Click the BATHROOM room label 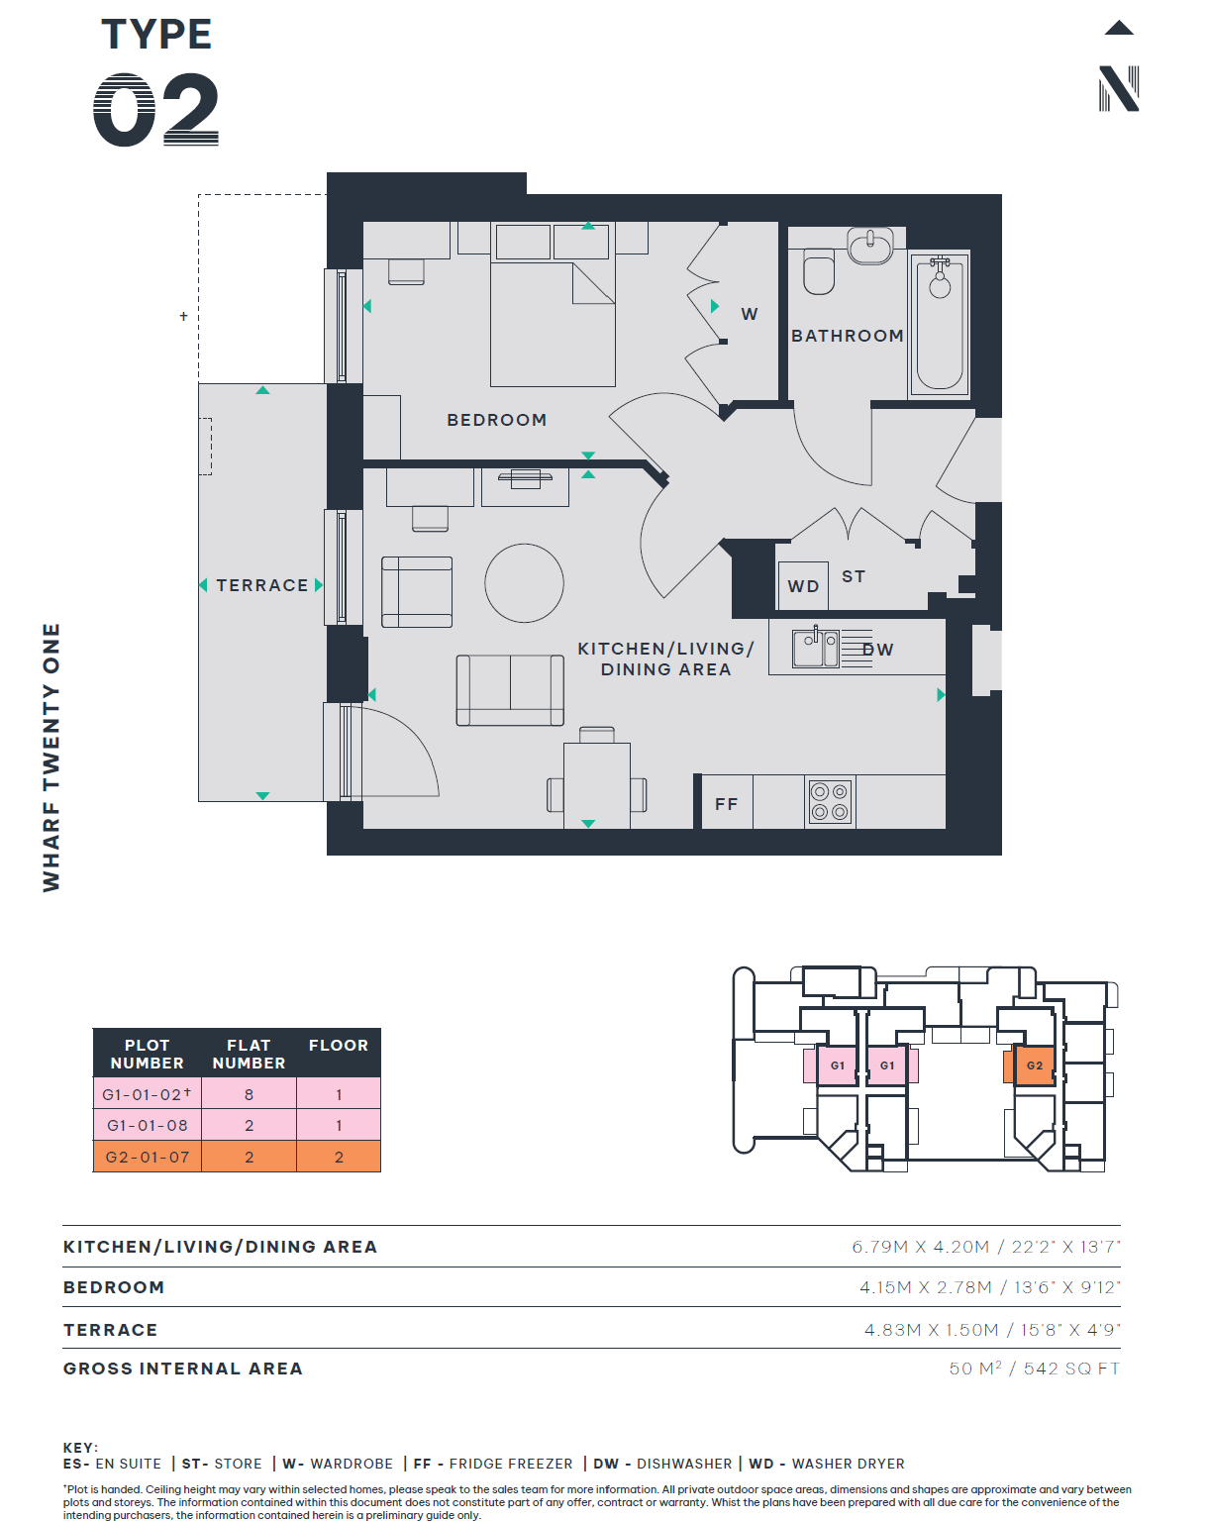(x=847, y=336)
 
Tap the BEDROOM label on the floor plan (x=497, y=420)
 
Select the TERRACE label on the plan (x=262, y=585)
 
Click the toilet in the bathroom (x=819, y=270)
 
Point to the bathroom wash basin (x=870, y=246)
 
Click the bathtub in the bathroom (x=940, y=324)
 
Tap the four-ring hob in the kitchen (x=830, y=801)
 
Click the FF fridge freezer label (x=726, y=804)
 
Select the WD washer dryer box (x=802, y=585)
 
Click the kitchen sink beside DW (x=815, y=649)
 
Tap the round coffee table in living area (x=524, y=583)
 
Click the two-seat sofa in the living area (x=510, y=690)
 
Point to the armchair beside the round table (x=416, y=591)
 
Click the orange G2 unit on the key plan (x=1034, y=1065)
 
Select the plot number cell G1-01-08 (x=147, y=1125)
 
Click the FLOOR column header (x=339, y=1046)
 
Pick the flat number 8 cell (x=249, y=1094)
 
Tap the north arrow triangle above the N (x=1118, y=29)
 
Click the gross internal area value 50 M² (x=974, y=1369)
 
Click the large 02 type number (x=155, y=110)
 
